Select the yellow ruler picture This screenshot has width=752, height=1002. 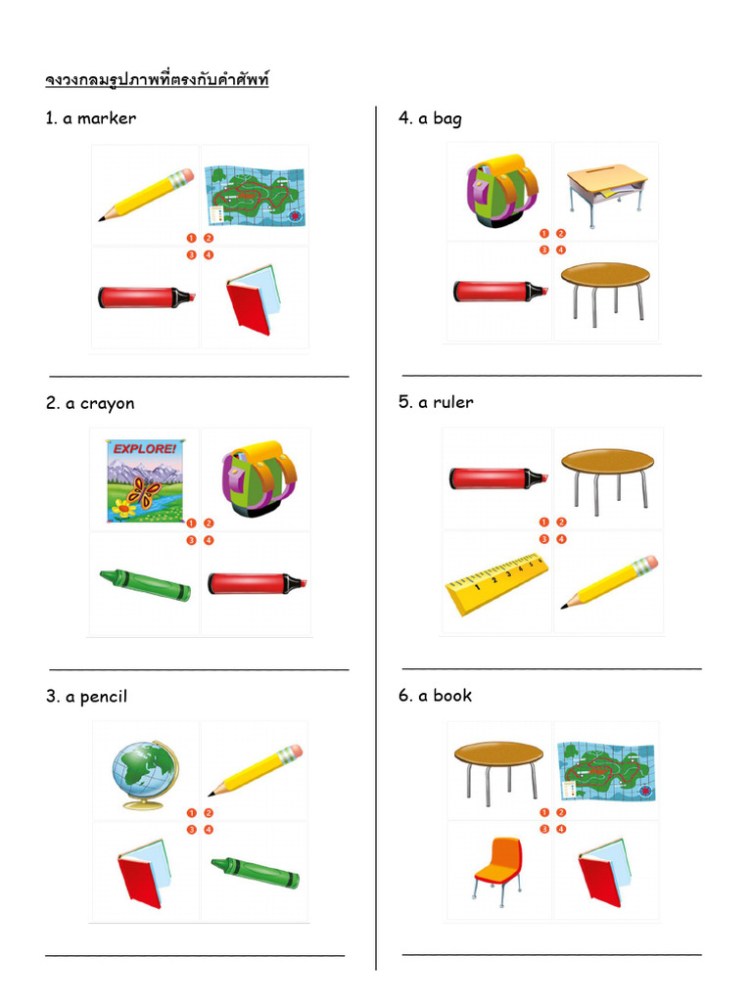click(495, 583)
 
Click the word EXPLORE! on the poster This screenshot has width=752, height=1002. click(146, 450)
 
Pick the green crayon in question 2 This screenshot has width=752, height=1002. click(145, 584)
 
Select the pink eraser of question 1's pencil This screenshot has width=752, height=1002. click(183, 177)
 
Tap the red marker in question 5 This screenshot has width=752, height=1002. click(497, 478)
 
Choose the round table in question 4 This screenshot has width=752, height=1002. click(604, 289)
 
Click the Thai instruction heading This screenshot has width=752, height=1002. click(157, 79)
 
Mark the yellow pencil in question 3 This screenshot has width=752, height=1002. click(255, 770)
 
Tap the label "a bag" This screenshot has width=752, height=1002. click(430, 118)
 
